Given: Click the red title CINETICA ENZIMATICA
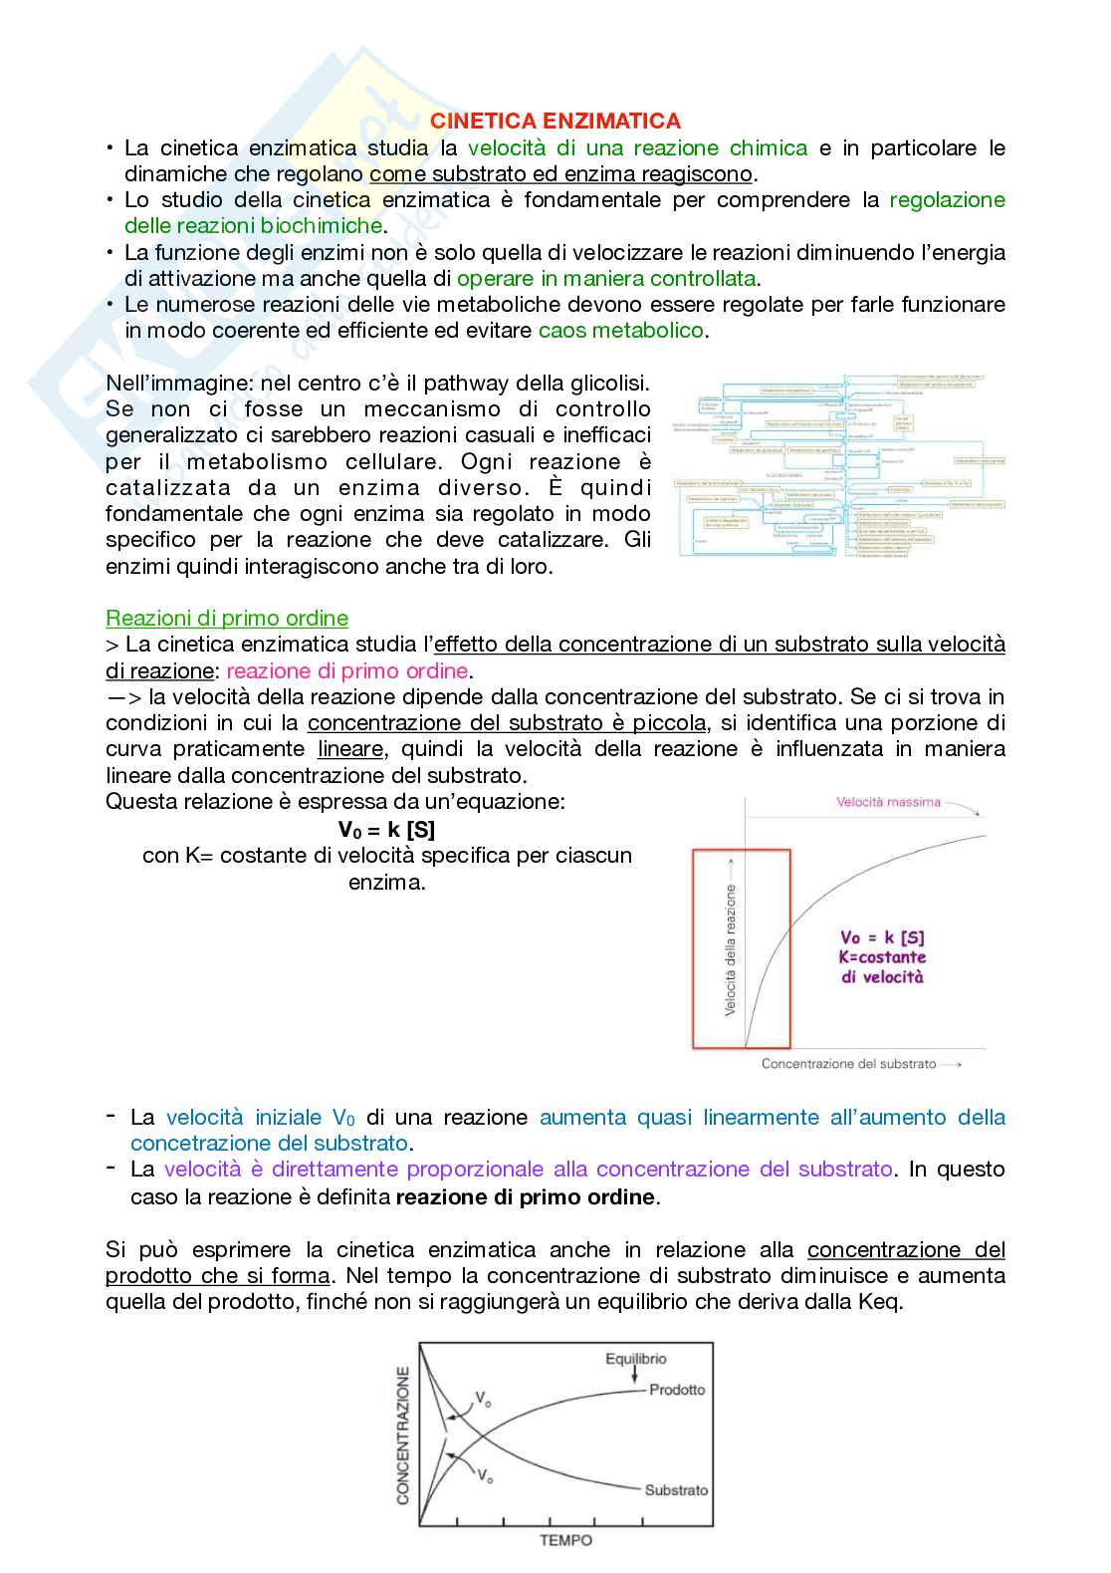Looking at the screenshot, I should tap(555, 122).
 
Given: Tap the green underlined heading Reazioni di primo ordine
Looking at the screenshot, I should tap(227, 619).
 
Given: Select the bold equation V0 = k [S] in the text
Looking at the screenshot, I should tap(386, 830).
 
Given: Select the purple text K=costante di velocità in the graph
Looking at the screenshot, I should tap(882, 966).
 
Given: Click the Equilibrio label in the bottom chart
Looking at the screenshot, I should tap(636, 1358).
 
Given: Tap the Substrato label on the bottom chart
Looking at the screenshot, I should tap(676, 1490).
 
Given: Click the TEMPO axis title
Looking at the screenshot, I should tap(565, 1540).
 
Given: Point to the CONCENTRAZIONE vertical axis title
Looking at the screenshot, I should tap(403, 1441).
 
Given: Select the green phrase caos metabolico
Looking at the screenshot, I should tap(621, 330).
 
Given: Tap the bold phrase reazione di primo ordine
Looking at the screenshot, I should tap(527, 1196).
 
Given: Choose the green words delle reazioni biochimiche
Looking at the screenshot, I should tap(253, 226).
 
